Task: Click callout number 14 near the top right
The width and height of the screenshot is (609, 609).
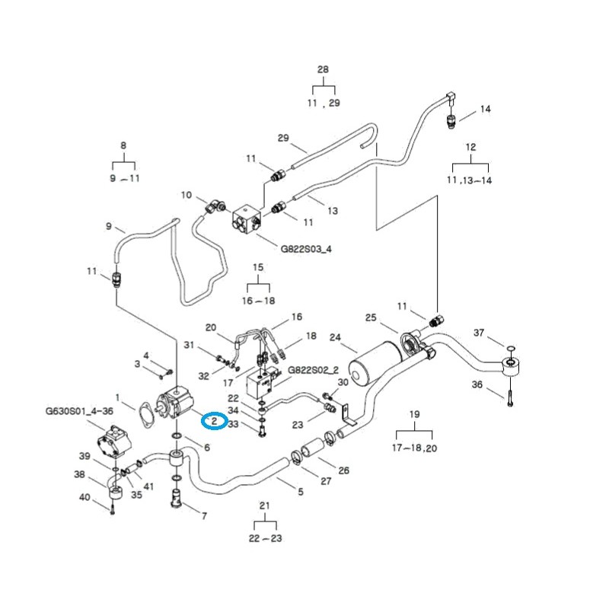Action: point(485,109)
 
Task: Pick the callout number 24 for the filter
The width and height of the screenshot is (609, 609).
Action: point(335,337)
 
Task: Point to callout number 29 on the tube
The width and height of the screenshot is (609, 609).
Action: point(283,138)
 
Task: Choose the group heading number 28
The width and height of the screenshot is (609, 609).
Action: point(323,69)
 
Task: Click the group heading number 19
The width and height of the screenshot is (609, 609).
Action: point(415,414)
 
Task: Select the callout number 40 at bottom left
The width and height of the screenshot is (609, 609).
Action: point(85,498)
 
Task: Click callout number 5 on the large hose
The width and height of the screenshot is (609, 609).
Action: point(300,492)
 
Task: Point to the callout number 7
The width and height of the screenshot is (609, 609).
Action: point(203,515)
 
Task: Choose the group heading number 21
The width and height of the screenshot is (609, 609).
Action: point(265,506)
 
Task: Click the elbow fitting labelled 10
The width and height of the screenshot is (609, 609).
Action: point(215,205)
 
